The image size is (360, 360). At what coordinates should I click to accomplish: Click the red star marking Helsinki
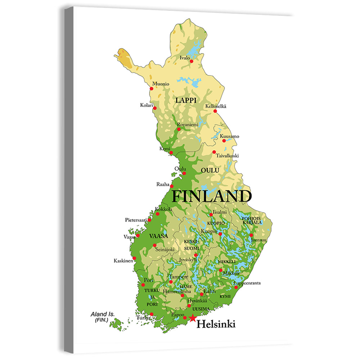coord(193,318)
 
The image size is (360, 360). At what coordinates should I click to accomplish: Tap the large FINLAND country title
coord(211,197)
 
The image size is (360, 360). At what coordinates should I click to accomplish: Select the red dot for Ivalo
coord(192,61)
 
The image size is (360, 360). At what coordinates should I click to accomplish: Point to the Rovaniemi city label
coord(188,124)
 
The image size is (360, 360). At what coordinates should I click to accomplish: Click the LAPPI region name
coord(186,100)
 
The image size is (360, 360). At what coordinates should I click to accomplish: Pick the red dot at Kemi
coord(171,153)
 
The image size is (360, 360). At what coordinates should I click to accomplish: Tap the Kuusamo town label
coord(229,136)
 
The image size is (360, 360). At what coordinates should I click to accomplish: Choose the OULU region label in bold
coord(210,170)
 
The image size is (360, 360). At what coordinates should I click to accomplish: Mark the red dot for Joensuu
coord(251,235)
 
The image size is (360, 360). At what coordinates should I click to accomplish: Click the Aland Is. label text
coord(103,314)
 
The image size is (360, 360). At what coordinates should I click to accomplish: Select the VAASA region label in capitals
coord(158,236)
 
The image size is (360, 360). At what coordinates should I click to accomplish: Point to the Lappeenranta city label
coord(247,283)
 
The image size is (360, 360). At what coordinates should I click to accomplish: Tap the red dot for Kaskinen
coord(134,258)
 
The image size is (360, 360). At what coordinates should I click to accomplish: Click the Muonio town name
coord(161,84)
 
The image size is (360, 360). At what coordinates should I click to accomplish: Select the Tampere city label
coord(179,276)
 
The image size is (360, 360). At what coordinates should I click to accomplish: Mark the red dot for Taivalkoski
coord(214,152)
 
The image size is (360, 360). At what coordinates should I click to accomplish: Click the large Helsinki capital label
coord(216,324)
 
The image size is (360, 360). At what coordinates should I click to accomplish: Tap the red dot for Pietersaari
coord(149,220)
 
